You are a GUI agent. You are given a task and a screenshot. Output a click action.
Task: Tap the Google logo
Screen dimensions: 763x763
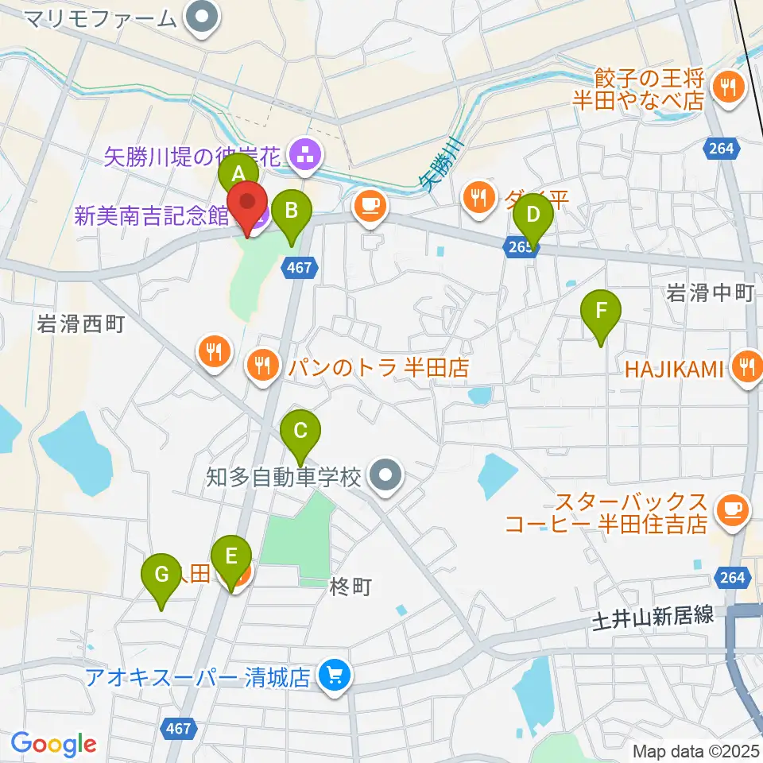(53, 744)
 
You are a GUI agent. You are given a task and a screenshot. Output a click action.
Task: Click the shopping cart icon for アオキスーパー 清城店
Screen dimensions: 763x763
(331, 676)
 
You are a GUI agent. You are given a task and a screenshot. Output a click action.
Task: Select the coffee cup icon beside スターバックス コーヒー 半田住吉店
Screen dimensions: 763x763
(730, 509)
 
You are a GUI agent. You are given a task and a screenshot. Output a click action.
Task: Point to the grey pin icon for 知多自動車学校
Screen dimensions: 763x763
(387, 477)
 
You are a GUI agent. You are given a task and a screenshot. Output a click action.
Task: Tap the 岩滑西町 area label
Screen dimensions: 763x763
(80, 324)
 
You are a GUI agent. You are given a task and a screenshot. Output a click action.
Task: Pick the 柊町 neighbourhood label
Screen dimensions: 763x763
(351, 587)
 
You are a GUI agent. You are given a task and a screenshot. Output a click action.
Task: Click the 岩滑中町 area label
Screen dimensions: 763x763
(710, 293)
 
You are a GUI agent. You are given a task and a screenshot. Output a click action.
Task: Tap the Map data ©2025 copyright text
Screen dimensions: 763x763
(695, 750)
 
